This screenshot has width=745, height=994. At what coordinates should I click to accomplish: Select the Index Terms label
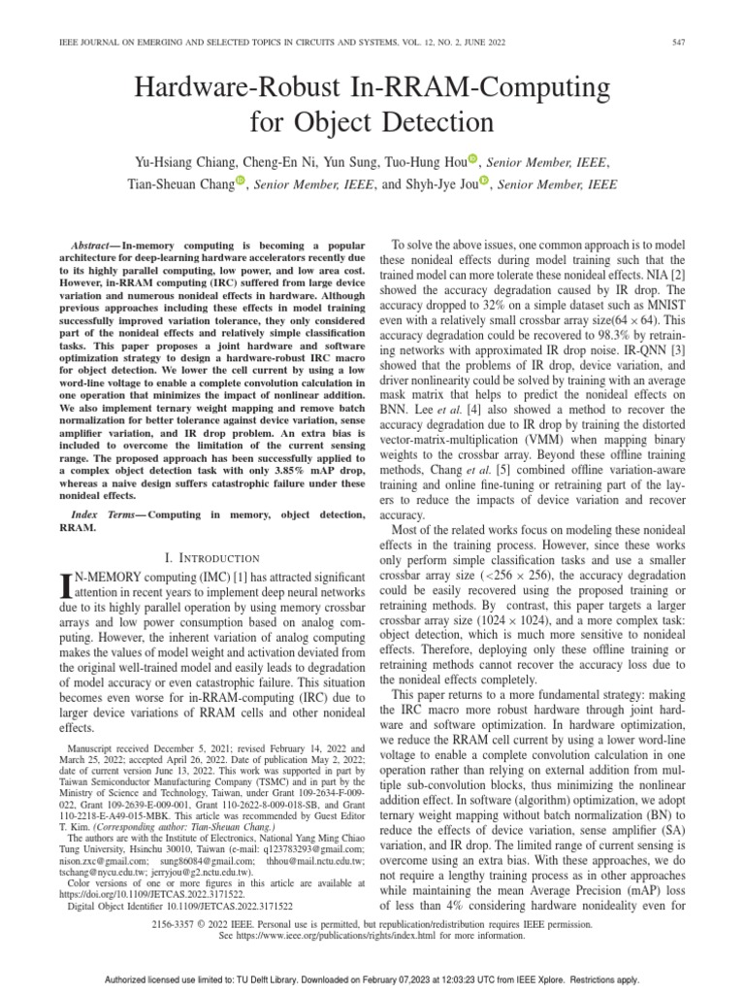(x=106, y=512)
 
